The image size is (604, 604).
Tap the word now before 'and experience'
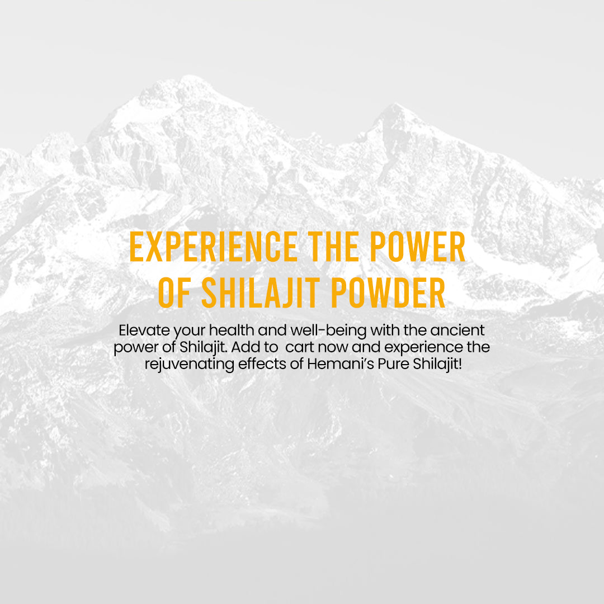click(333, 348)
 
